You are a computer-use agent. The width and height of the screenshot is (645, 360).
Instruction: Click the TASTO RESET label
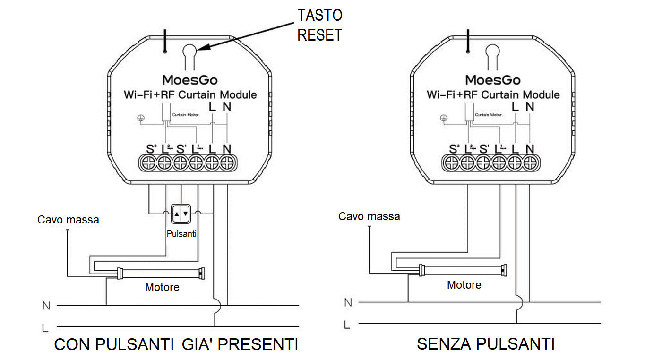click(x=319, y=25)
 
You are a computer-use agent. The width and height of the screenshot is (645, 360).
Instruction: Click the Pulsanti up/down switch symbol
click(x=181, y=214)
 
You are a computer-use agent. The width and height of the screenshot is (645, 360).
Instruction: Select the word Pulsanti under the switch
click(x=181, y=234)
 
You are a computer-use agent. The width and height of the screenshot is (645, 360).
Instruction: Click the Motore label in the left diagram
click(x=162, y=287)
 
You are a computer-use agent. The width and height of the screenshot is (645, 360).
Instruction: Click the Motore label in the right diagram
click(x=464, y=285)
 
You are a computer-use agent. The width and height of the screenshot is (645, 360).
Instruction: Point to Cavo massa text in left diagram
click(x=68, y=220)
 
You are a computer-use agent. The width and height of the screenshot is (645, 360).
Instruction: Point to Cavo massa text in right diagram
click(x=369, y=216)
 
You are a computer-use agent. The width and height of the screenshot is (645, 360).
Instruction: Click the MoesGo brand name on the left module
click(x=190, y=79)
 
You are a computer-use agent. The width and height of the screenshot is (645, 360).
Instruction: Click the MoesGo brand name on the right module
click(x=493, y=79)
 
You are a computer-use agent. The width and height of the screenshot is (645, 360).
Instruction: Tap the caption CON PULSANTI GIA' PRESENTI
click(x=176, y=344)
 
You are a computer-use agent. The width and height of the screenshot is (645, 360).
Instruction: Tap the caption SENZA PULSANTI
click(x=485, y=344)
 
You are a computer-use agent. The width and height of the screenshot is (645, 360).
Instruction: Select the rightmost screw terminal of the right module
click(x=530, y=163)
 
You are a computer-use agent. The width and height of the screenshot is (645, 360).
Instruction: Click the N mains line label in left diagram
click(x=46, y=306)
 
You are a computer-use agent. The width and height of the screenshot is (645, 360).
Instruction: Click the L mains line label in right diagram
click(x=347, y=325)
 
